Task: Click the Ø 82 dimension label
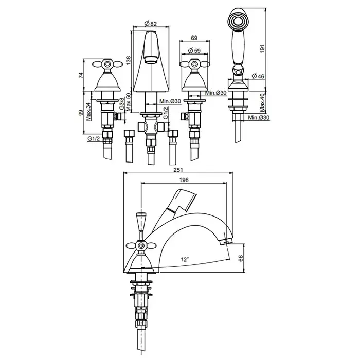[150, 23]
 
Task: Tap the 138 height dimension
[129, 60]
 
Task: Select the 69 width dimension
[194, 38]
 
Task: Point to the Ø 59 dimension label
[194, 51]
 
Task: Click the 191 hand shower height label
[262, 49]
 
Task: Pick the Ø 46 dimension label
[258, 76]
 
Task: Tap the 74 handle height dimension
[81, 75]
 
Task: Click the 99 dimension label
[81, 113]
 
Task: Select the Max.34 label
[88, 112]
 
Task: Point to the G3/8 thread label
[122, 103]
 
